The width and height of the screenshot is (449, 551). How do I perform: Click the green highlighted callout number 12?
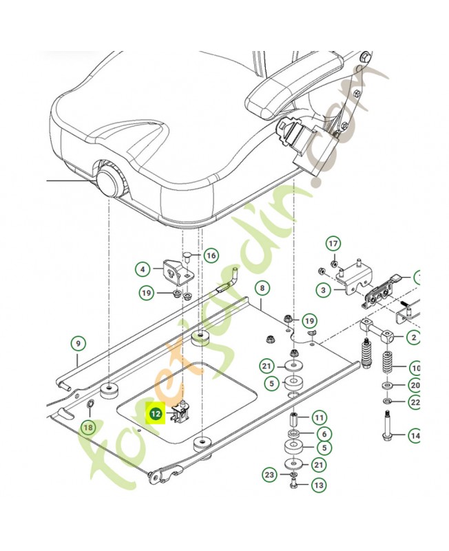point(156,414)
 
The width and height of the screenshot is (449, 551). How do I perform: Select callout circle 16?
point(211,256)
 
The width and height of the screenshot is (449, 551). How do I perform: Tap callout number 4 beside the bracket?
point(143,269)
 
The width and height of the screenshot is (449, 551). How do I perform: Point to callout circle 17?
point(333,244)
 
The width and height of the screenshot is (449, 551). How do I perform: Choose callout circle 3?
point(323,291)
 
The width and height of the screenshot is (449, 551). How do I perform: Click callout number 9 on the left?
point(79,342)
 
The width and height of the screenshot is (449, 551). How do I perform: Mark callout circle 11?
point(318,417)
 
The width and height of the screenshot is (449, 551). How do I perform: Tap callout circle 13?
point(318,485)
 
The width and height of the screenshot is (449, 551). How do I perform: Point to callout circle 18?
point(87,428)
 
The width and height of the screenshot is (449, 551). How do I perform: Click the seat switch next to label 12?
point(182,412)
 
